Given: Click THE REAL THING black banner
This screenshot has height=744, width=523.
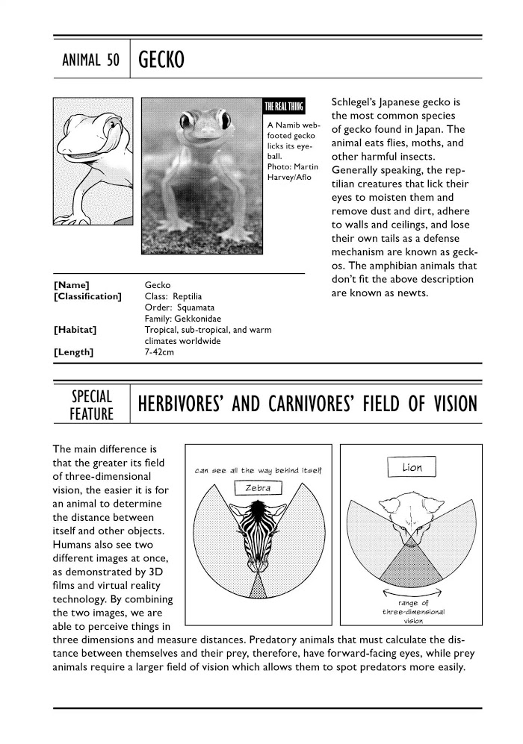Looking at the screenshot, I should pyautogui.click(x=288, y=106).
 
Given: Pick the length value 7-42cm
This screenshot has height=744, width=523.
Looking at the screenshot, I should pyautogui.click(x=159, y=352).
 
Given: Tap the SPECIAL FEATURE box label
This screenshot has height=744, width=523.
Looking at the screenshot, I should pyautogui.click(x=91, y=404).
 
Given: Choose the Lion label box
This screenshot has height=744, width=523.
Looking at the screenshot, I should pyautogui.click(x=412, y=468).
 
